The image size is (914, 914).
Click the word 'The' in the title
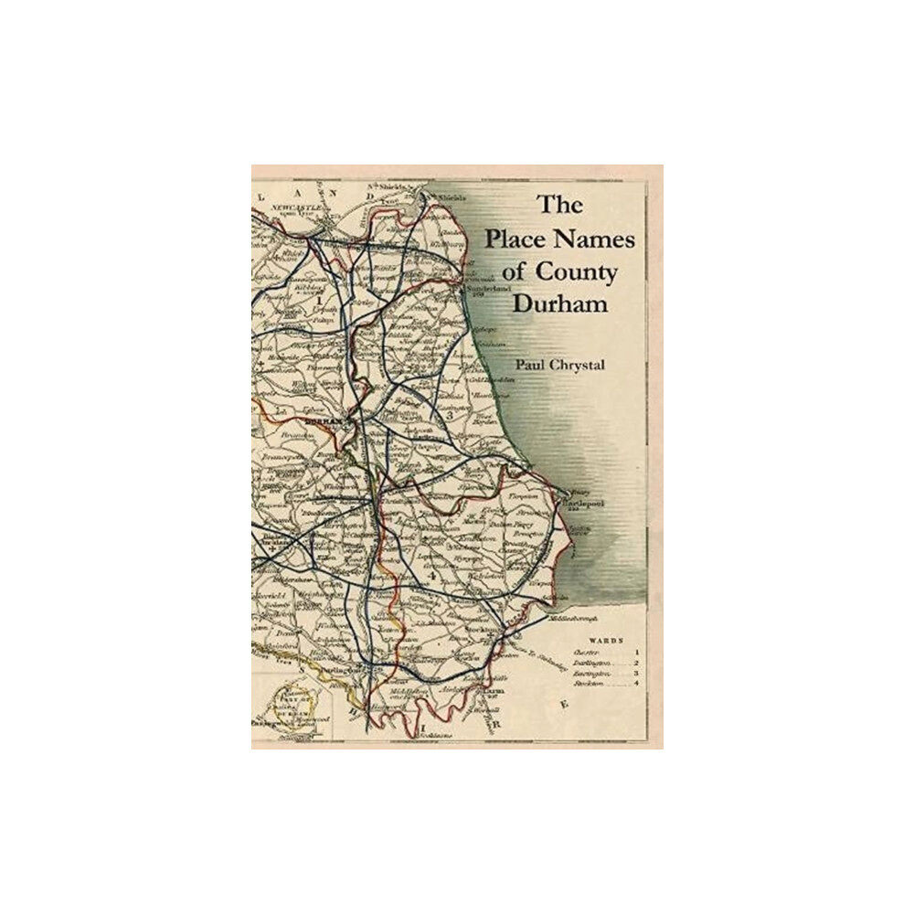pyautogui.click(x=552, y=206)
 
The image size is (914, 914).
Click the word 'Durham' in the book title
pyautogui.click(x=560, y=304)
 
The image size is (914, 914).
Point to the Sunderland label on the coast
pyautogui.click(x=486, y=290)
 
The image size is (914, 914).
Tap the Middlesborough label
pyautogui.click(x=580, y=619)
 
